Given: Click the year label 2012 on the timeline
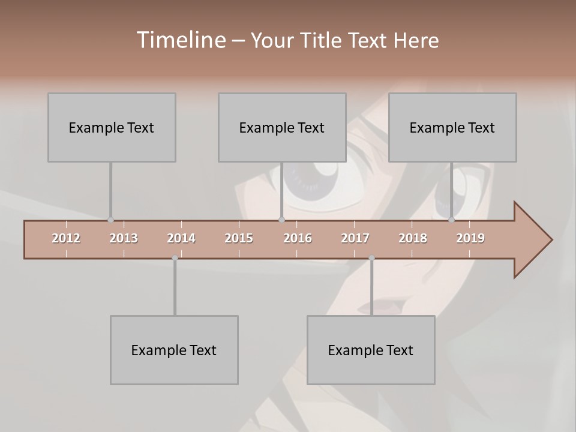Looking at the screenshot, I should [x=66, y=238].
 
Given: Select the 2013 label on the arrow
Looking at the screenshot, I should [x=124, y=238].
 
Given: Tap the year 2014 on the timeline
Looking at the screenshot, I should [x=181, y=238].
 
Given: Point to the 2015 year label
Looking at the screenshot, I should [x=239, y=238].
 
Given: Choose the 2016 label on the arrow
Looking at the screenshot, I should [x=298, y=238].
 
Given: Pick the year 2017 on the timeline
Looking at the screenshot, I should [x=355, y=238].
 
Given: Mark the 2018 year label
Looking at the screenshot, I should [x=413, y=238].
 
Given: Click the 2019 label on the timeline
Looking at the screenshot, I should [x=470, y=238].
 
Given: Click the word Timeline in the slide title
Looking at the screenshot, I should [x=180, y=40].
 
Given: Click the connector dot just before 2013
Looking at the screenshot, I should [x=110, y=220].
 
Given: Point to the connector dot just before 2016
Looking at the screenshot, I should [x=281, y=220].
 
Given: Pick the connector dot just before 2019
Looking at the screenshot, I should [x=451, y=220].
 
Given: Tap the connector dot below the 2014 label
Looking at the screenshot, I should [x=175, y=258].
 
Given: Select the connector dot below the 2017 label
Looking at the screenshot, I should [x=371, y=258].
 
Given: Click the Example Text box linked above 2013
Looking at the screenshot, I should [x=112, y=127].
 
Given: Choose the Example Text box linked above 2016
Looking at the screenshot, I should [x=282, y=127].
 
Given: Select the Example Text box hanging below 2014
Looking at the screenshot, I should [x=174, y=350].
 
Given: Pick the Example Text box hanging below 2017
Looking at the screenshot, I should [x=371, y=350].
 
